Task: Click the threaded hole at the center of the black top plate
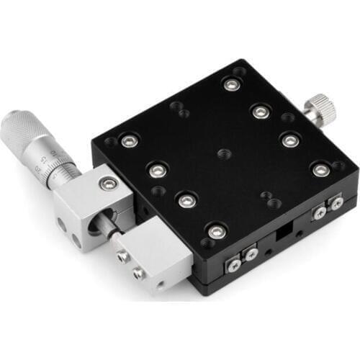point(221,153)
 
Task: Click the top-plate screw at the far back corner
point(230,85)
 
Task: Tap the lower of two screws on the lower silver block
point(137,273)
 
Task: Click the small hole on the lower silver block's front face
point(160,284)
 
